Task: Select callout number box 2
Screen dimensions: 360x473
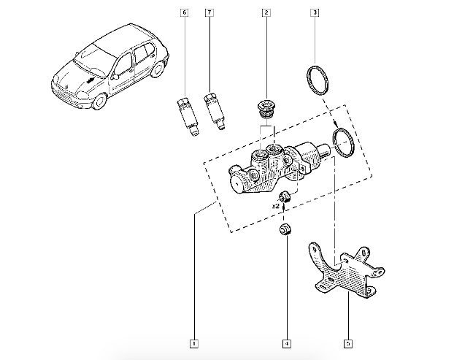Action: tap(267, 13)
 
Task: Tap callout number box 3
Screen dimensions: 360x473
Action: tap(315, 13)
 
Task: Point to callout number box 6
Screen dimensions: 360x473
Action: tap(184, 13)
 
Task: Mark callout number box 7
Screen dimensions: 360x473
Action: tap(209, 13)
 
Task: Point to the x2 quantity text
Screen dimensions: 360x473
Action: tap(277, 207)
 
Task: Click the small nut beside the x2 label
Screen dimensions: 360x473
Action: tap(287, 196)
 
